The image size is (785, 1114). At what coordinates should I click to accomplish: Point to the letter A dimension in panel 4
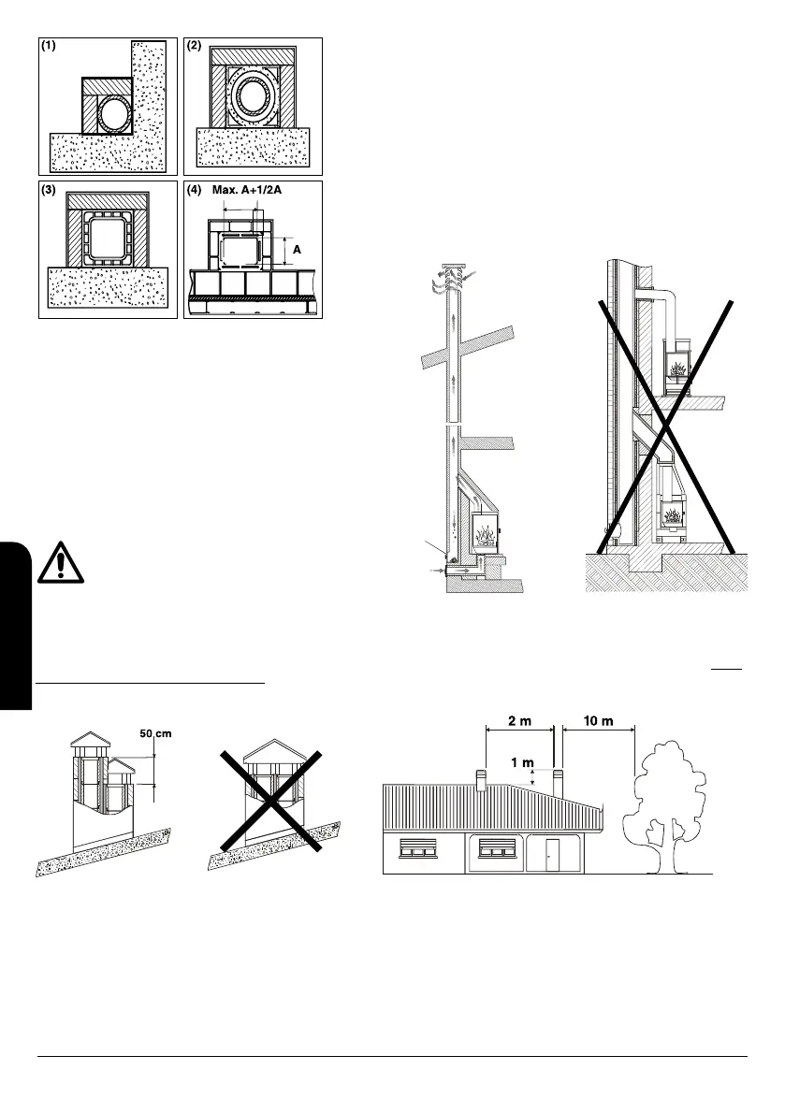click(x=297, y=251)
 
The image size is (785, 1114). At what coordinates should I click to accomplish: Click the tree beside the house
click(x=668, y=795)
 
